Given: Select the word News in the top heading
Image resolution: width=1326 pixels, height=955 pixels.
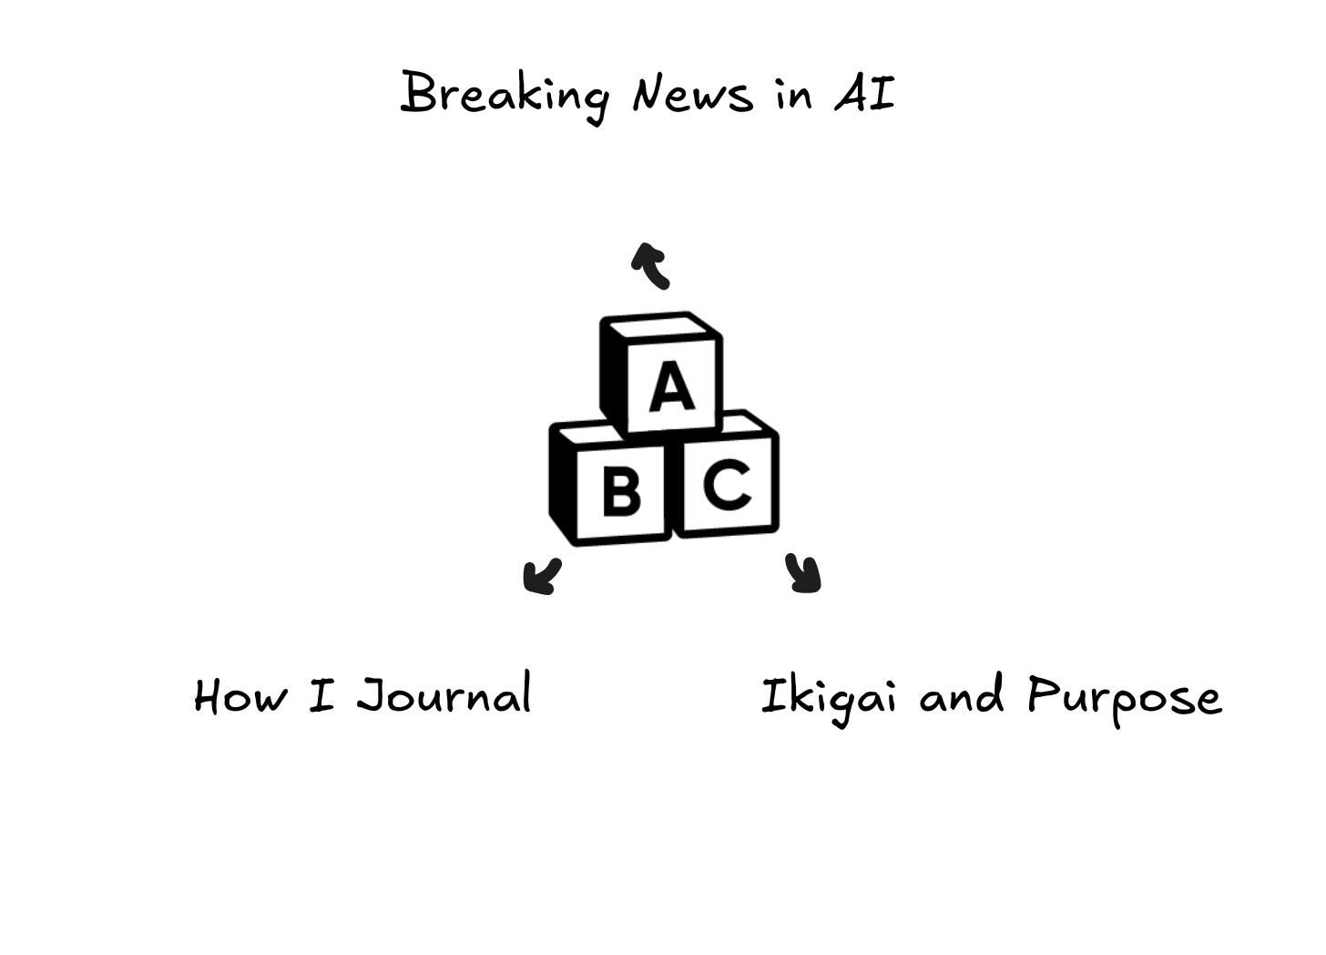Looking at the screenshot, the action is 692,94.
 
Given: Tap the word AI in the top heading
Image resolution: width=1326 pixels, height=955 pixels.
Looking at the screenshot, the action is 864,94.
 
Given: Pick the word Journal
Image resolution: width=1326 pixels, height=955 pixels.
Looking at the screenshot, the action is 444,695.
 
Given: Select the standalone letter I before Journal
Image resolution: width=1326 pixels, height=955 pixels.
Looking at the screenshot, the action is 321,695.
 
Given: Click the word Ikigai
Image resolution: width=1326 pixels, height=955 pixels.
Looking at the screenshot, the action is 827,697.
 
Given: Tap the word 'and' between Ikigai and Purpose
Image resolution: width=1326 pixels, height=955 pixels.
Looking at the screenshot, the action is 961,697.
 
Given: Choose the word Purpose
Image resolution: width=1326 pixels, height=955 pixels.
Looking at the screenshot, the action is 1124,697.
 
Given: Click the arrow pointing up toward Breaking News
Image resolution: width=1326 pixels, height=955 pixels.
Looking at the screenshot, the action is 651,265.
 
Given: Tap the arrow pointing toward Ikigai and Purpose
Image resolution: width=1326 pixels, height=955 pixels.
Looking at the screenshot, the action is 804,574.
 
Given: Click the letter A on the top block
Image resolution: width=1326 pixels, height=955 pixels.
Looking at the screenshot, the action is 671,386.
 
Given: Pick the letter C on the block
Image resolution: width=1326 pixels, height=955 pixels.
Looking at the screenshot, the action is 728,484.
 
